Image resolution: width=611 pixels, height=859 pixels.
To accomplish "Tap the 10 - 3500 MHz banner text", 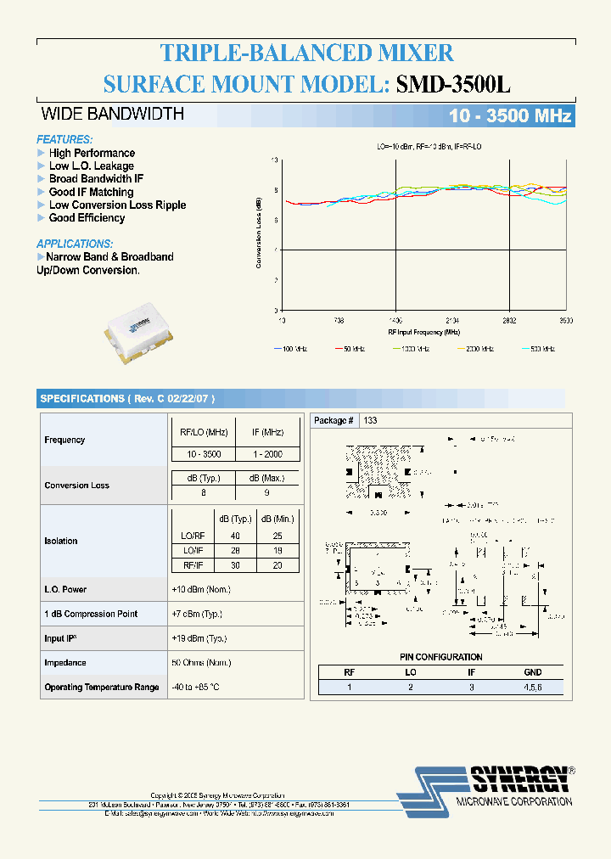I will click(x=510, y=116).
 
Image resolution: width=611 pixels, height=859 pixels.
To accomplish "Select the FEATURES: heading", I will click(x=64, y=139).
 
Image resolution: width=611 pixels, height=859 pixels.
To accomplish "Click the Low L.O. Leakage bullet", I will click(x=91, y=166).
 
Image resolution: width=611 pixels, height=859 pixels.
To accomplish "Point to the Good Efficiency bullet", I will click(x=87, y=218).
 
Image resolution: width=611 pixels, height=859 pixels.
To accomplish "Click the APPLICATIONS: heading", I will click(x=75, y=244).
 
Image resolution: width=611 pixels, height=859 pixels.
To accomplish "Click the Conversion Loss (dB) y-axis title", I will click(x=258, y=233).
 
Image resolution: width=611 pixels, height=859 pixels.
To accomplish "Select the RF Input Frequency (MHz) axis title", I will click(x=423, y=332).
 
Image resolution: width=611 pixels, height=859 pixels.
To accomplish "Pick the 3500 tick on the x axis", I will click(x=565, y=321).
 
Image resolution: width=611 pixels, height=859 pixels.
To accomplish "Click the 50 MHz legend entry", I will click(x=353, y=349).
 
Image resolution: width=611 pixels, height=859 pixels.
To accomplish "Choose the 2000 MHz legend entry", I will click(x=477, y=349).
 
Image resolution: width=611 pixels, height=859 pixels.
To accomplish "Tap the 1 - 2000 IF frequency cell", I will click(x=267, y=454).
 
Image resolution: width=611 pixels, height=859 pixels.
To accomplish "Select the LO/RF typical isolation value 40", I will click(x=234, y=536).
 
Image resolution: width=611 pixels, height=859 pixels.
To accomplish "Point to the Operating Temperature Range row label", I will click(x=101, y=687).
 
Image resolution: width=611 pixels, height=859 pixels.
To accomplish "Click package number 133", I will click(x=370, y=420).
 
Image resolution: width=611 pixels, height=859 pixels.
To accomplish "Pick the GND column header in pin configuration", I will click(x=532, y=671).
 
